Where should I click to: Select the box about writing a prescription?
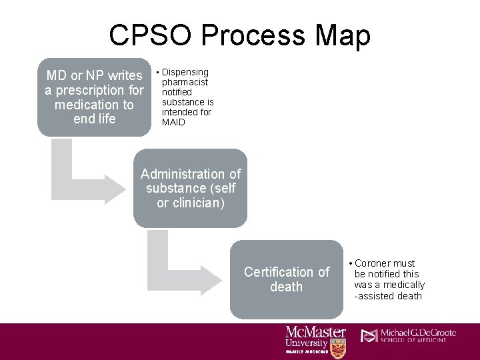tap(94, 97)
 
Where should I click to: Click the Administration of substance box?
tap(190, 188)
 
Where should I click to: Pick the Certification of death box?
tap(286, 279)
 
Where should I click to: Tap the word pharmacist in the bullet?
tap(185, 82)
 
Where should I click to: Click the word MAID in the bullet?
tap(173, 122)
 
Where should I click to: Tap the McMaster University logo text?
tap(315, 337)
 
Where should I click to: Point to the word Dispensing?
tap(185, 72)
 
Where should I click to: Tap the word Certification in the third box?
tap(277, 272)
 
